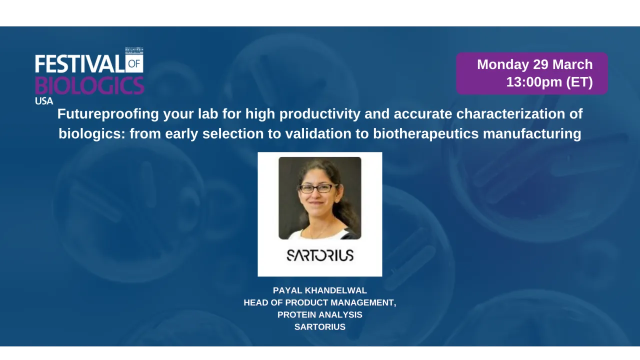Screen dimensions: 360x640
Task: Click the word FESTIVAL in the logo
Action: coord(79,64)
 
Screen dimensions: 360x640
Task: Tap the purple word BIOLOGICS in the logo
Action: coord(89,85)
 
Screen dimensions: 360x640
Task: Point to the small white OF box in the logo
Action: coord(134,63)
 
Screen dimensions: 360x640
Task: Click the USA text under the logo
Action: coord(44,101)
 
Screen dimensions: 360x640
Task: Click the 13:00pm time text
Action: coord(534,82)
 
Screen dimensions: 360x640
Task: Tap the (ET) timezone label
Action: coord(579,82)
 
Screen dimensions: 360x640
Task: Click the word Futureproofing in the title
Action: coord(108,114)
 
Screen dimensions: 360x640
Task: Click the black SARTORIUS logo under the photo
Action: coord(320,255)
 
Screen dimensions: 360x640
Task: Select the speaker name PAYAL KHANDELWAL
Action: coord(320,290)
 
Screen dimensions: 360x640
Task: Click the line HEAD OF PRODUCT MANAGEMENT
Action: coord(320,302)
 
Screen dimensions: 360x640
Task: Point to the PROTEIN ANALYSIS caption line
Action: coord(320,315)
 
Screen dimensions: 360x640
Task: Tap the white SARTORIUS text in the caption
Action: coord(320,327)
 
